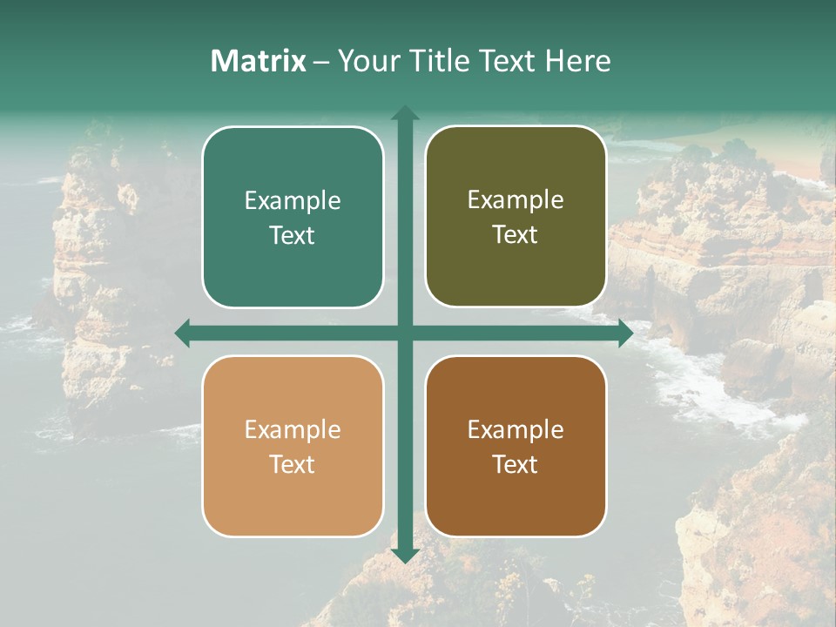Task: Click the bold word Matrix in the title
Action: (x=259, y=61)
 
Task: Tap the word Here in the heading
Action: (x=578, y=61)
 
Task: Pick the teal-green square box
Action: (x=293, y=217)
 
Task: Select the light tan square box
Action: (x=293, y=446)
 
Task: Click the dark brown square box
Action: (x=516, y=446)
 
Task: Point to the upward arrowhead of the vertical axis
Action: (x=405, y=113)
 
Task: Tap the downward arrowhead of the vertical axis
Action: (x=405, y=556)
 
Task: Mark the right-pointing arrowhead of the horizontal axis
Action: (x=625, y=333)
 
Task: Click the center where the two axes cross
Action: (x=405, y=333)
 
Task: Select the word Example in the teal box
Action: (x=293, y=200)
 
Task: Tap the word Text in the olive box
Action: (x=516, y=234)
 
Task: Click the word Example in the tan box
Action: (x=293, y=429)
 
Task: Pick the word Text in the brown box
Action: (x=516, y=464)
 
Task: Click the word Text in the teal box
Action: (x=293, y=235)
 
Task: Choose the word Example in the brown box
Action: (x=516, y=429)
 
